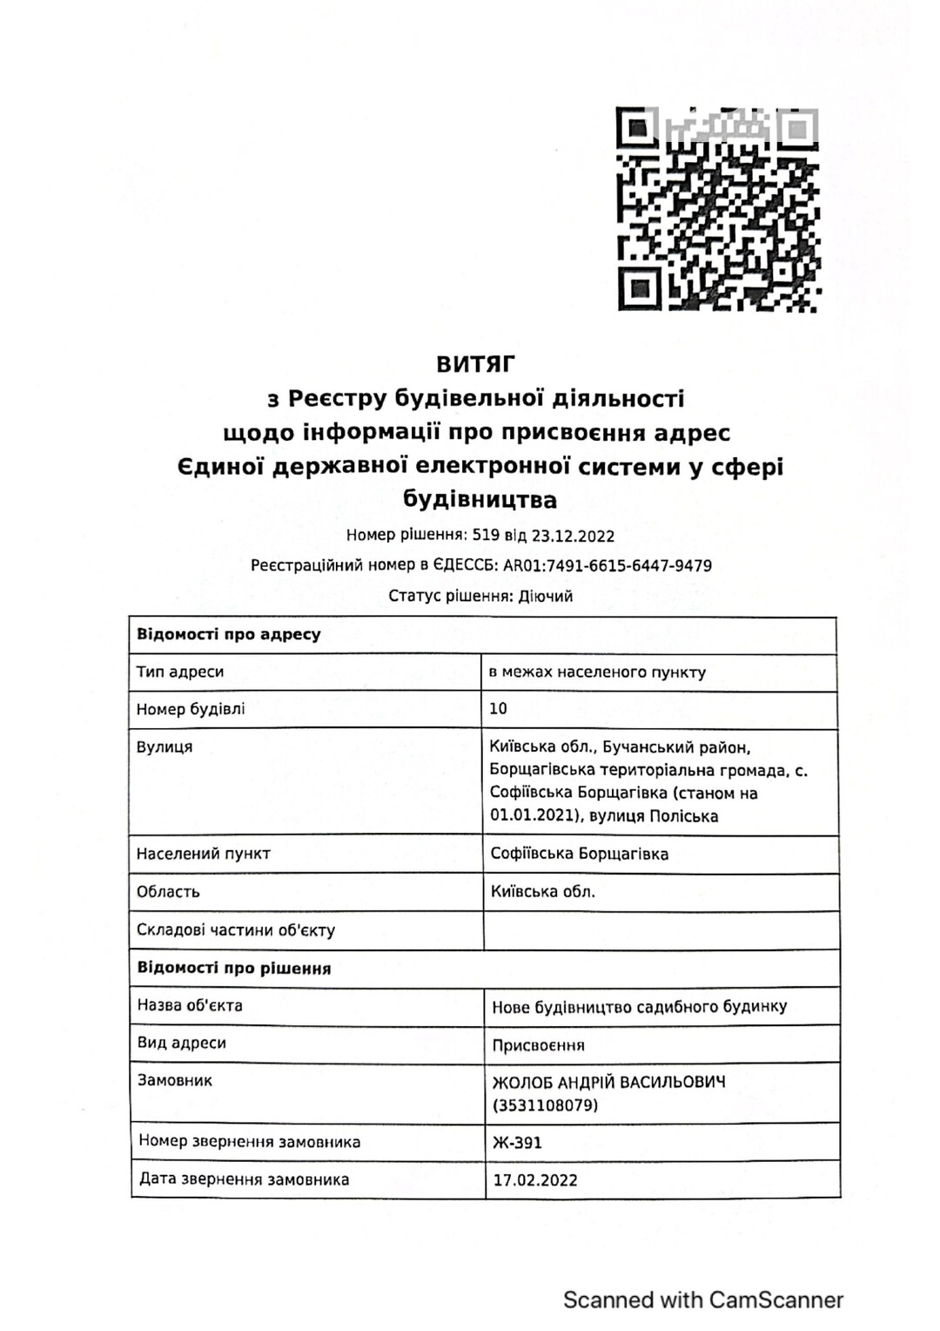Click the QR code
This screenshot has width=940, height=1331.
(x=717, y=209)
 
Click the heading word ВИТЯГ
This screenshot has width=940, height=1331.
(x=476, y=363)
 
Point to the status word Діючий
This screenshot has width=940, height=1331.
(x=546, y=597)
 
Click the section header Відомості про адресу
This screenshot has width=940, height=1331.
(x=229, y=635)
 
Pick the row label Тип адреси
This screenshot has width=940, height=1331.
(x=180, y=672)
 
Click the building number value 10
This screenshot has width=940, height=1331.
(x=498, y=709)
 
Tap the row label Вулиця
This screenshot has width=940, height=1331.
(x=164, y=747)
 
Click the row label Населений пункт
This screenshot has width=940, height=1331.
(x=204, y=854)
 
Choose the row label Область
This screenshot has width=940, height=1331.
(x=168, y=892)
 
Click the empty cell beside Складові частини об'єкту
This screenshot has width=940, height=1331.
(x=661, y=930)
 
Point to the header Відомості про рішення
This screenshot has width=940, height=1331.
(x=234, y=969)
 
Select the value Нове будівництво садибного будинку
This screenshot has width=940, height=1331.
(x=640, y=1007)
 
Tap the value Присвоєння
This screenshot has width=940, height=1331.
(x=539, y=1045)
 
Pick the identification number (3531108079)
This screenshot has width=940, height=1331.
(x=546, y=1106)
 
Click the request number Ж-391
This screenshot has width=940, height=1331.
(x=517, y=1143)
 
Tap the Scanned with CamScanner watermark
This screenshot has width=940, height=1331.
(x=703, y=1301)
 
